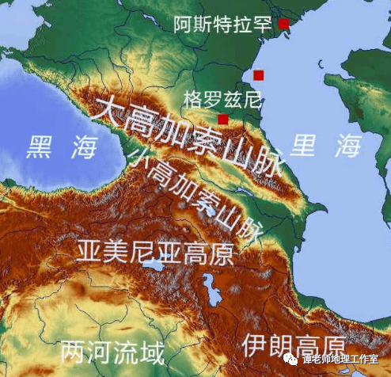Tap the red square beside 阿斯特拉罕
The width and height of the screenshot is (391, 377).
pos(283,24)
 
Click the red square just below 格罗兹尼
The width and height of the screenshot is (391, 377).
pos(223,119)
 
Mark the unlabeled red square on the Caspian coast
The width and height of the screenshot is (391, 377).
pos(258,75)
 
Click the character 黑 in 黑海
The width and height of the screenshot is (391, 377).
pos(40,148)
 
